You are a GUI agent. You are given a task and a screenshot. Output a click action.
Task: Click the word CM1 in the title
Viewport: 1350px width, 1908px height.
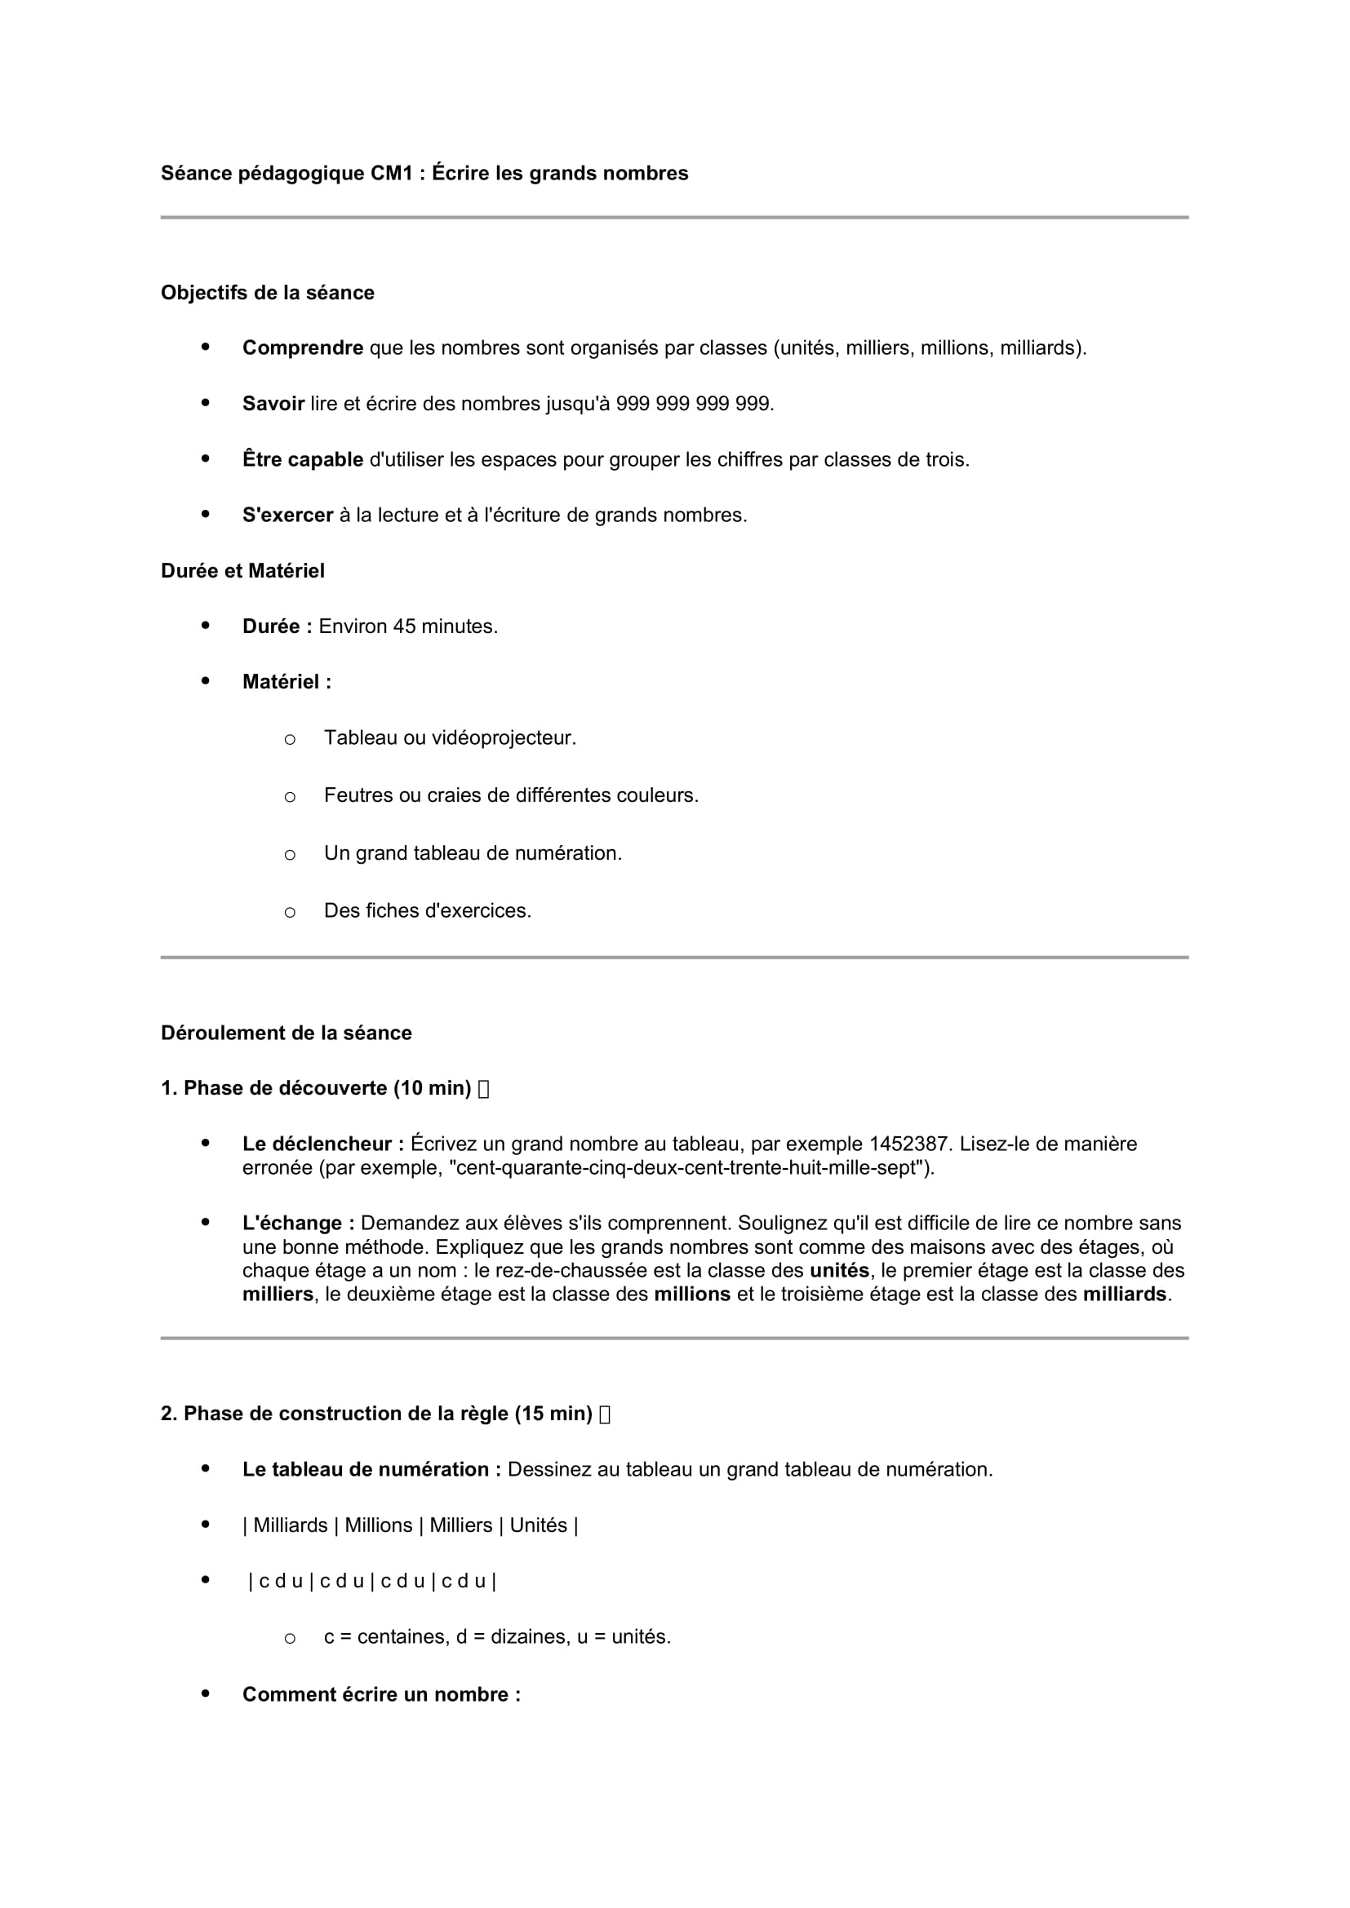(x=392, y=174)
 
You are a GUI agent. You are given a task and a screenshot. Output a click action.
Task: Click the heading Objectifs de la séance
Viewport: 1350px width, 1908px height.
(x=268, y=294)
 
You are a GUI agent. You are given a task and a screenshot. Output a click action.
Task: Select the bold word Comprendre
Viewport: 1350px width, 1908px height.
(x=303, y=348)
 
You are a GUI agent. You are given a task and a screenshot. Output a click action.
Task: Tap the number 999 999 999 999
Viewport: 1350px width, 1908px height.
(x=694, y=404)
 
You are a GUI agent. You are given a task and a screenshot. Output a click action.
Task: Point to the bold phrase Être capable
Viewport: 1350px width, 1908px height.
(x=303, y=459)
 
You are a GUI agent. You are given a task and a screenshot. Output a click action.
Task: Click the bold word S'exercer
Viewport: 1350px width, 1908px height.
(x=287, y=516)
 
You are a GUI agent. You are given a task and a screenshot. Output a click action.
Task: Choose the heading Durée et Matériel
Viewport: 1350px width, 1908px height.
(x=242, y=571)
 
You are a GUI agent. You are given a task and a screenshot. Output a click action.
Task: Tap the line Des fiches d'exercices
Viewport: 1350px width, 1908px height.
(x=427, y=911)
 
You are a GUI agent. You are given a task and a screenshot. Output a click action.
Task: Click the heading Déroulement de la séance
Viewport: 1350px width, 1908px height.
(x=286, y=1033)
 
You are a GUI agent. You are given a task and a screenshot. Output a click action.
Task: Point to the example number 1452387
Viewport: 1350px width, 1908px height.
(x=908, y=1144)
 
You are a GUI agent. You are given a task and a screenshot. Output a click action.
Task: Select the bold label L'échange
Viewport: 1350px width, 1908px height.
(x=299, y=1224)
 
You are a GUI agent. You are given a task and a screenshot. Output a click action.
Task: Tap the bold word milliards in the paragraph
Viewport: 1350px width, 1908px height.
(x=1125, y=1294)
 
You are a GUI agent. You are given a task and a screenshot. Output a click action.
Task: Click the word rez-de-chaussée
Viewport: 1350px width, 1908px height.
(x=549, y=1271)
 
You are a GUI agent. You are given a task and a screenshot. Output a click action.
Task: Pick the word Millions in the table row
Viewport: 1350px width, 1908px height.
(x=378, y=1525)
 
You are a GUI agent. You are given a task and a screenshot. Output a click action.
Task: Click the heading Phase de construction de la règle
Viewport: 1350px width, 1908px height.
(x=388, y=1414)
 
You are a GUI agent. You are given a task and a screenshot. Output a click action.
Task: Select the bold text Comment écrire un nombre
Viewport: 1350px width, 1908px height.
(x=381, y=1694)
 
